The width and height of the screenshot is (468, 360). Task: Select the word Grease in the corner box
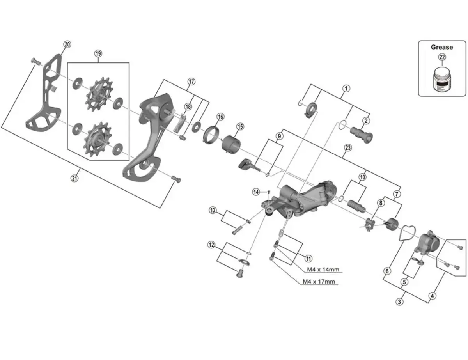(442, 47)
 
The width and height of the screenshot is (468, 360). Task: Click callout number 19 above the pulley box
(97, 53)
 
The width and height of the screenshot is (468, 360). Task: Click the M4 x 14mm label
(323, 270)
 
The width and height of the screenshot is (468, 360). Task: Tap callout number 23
(348, 148)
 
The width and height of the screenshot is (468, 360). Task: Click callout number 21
(74, 178)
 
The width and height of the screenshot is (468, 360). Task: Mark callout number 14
(256, 192)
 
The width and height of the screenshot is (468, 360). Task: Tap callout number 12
(211, 245)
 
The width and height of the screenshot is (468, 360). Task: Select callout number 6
(387, 271)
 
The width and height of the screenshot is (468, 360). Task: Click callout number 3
(399, 301)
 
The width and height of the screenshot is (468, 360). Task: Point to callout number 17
(191, 82)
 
